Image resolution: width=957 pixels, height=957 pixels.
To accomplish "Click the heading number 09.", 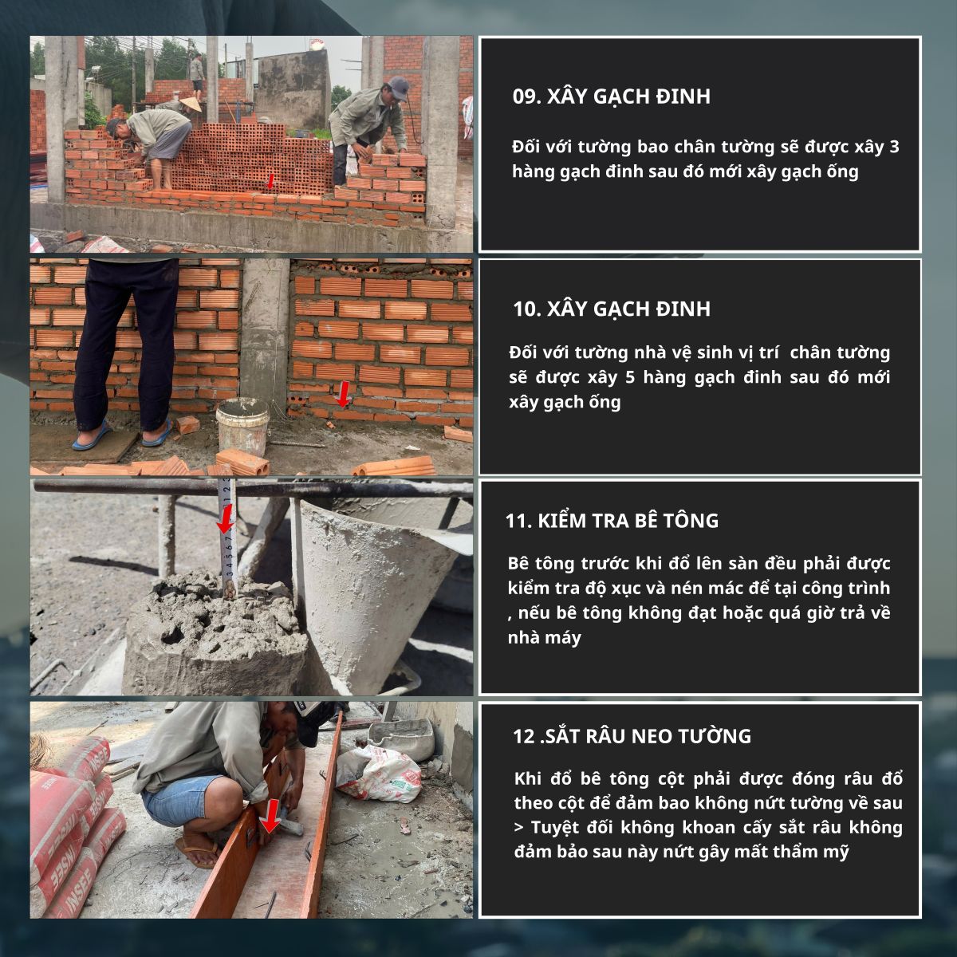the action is [526, 96].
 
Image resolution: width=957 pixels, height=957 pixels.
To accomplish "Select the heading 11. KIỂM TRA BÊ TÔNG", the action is [612, 521].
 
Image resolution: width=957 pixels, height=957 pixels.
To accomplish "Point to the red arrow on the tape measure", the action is [226, 519].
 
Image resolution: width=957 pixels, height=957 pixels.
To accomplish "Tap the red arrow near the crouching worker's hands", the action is [270, 816].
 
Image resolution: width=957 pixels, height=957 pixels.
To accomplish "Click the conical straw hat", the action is [191, 104].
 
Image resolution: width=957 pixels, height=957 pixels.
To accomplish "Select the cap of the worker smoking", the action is [398, 88].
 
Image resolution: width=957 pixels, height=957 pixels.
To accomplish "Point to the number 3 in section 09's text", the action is [894, 147].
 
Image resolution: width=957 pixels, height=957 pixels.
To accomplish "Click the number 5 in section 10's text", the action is [630, 377].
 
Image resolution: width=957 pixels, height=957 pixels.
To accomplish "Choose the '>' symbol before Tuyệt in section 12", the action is [519, 828].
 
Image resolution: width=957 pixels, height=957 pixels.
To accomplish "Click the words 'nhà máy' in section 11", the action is [545, 638].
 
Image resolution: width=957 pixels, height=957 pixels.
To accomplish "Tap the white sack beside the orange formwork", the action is [379, 774].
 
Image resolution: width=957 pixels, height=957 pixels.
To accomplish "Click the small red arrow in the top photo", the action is [270, 181].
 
